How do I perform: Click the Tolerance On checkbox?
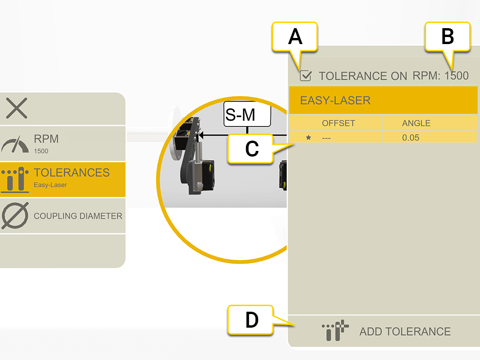pyautogui.click(x=306, y=75)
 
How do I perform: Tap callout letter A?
pyautogui.click(x=295, y=37)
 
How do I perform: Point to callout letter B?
pyautogui.click(x=447, y=37)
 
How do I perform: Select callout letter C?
pyautogui.click(x=252, y=149)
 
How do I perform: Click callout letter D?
pyautogui.click(x=252, y=320)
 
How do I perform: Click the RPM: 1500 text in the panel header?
pyautogui.click(x=440, y=75)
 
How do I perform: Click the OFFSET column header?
pyautogui.click(x=338, y=123)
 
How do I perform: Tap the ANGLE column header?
pyautogui.click(x=416, y=123)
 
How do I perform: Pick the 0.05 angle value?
pyautogui.click(x=411, y=138)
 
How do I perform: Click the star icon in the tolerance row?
pyautogui.click(x=308, y=138)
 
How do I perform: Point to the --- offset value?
pyautogui.click(x=327, y=138)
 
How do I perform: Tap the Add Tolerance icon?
pyautogui.click(x=336, y=331)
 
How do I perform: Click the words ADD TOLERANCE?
pyautogui.click(x=405, y=331)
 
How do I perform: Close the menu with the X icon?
pyautogui.click(x=17, y=108)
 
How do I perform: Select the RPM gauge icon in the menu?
pyautogui.click(x=15, y=144)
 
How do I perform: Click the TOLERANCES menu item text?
pyautogui.click(x=71, y=172)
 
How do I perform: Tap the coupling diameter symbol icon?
pyautogui.click(x=15, y=216)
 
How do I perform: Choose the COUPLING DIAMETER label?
pyautogui.click(x=78, y=216)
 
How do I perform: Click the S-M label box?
pyautogui.click(x=247, y=114)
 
